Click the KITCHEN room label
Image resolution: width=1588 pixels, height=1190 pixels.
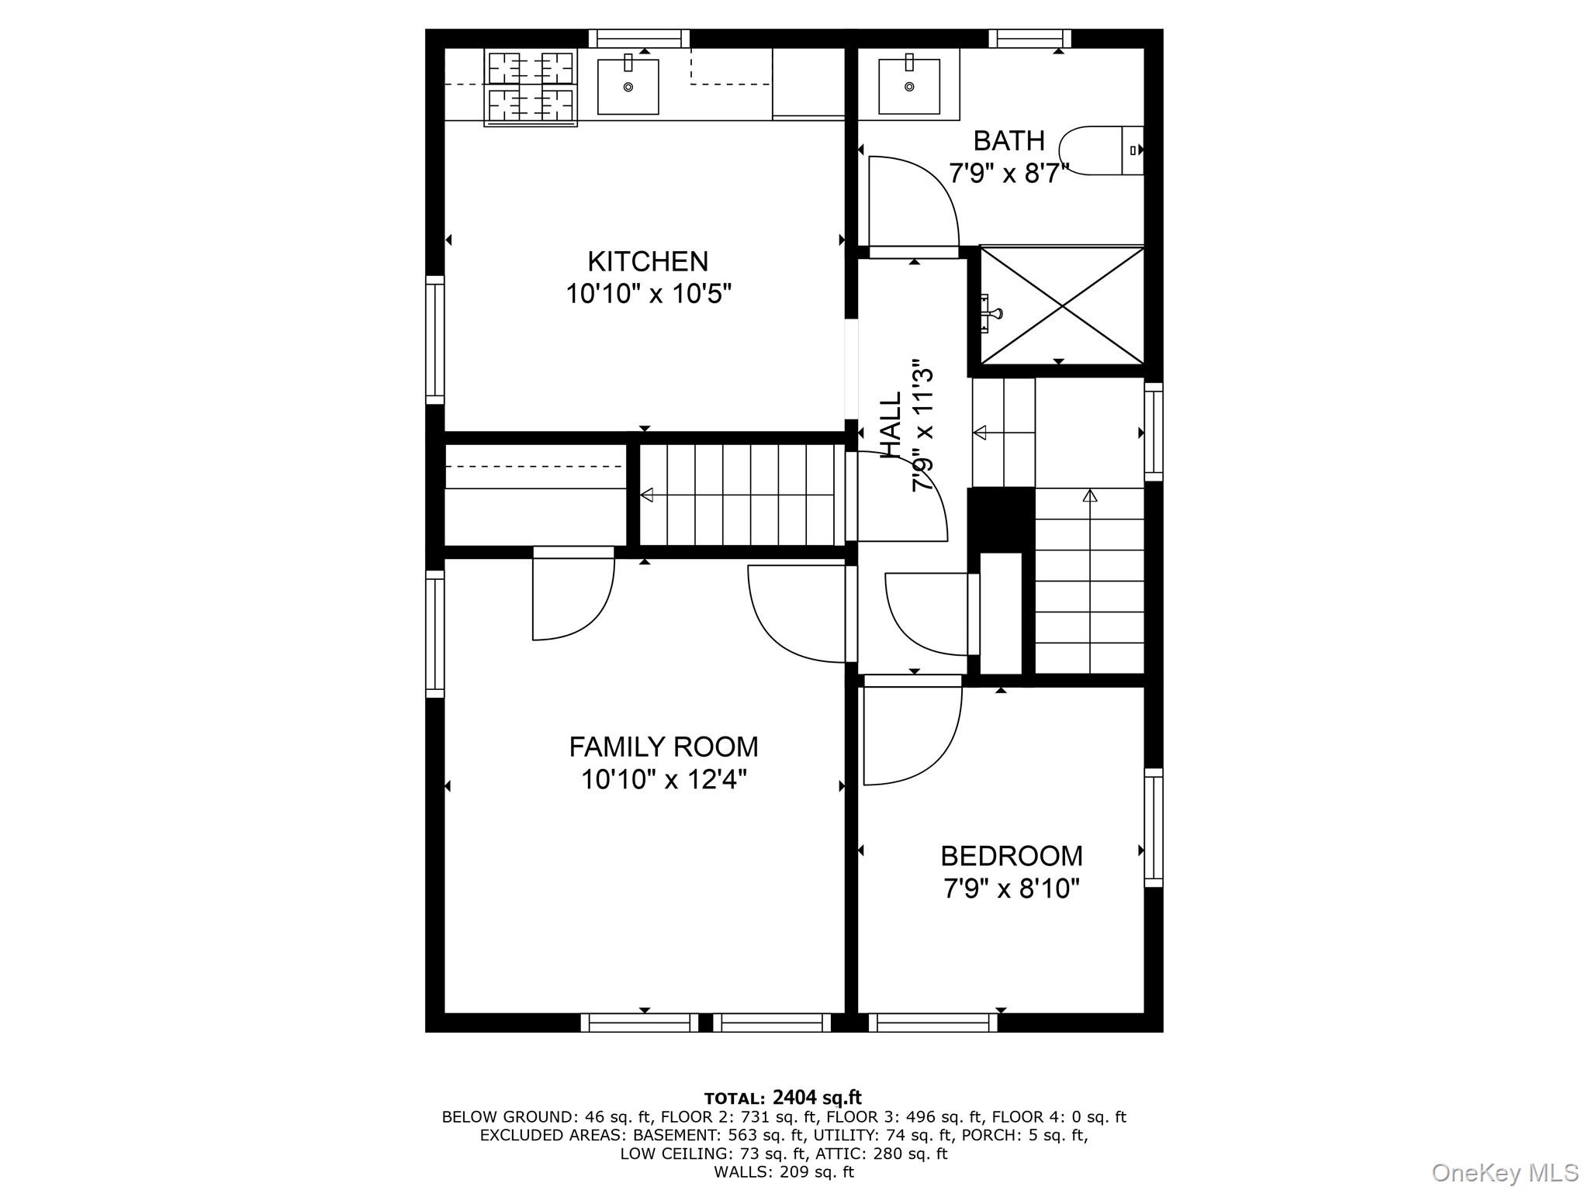coord(648,261)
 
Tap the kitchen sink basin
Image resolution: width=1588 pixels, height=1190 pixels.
coord(628,87)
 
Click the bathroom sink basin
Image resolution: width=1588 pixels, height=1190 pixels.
coord(908,86)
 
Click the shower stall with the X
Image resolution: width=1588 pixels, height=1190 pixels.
coord(1062,305)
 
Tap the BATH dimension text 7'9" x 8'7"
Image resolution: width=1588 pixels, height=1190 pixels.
coord(1009,173)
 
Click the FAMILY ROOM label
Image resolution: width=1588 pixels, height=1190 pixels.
coord(663,747)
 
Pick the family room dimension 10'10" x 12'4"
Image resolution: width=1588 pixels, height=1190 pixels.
coord(664,779)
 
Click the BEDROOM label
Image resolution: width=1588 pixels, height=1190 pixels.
coord(1011,856)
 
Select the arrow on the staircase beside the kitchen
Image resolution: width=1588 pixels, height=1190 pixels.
coord(646,495)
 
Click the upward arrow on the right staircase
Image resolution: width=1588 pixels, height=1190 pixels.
coord(1089,495)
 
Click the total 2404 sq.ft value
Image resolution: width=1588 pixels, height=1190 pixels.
coord(817,1097)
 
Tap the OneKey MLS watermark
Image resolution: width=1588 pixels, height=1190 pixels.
coord(1504,1171)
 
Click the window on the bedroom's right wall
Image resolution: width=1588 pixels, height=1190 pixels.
coord(1154,827)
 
